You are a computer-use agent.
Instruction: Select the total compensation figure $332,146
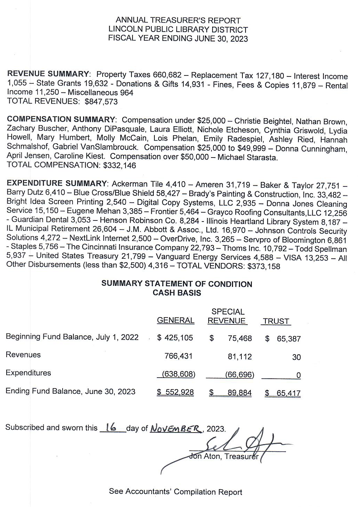coord(120,166)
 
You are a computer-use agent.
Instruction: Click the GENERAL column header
coord(176,321)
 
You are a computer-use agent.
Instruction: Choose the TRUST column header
coord(276,321)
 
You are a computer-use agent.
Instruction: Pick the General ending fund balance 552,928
coord(176,392)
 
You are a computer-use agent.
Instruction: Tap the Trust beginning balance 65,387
coord(288,339)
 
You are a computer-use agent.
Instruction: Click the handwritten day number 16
coord(111,428)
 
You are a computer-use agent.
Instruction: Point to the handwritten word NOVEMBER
coord(176,428)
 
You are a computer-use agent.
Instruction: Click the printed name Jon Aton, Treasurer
coord(224,456)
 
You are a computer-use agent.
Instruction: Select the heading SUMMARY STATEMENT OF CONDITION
coord(177,284)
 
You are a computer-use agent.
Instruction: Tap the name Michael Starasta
coord(247,157)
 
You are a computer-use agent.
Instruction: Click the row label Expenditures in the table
coord(29,373)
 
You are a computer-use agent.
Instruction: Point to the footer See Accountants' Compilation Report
coord(176,491)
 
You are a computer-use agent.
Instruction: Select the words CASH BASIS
coord(177,293)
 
